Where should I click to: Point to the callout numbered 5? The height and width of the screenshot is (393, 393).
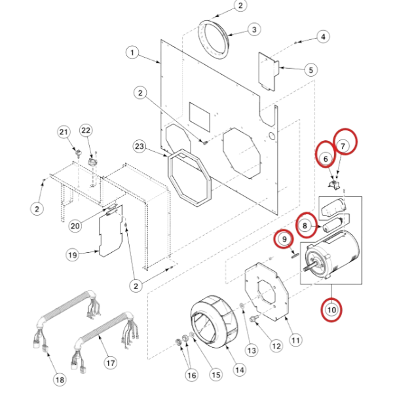[x=310, y=68]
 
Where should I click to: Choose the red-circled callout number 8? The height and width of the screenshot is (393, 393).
[x=304, y=225]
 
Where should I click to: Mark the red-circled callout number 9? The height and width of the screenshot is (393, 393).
[x=284, y=240]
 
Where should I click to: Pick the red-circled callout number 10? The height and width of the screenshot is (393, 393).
[x=331, y=309]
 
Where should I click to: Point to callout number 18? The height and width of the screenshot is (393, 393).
[x=60, y=379]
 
